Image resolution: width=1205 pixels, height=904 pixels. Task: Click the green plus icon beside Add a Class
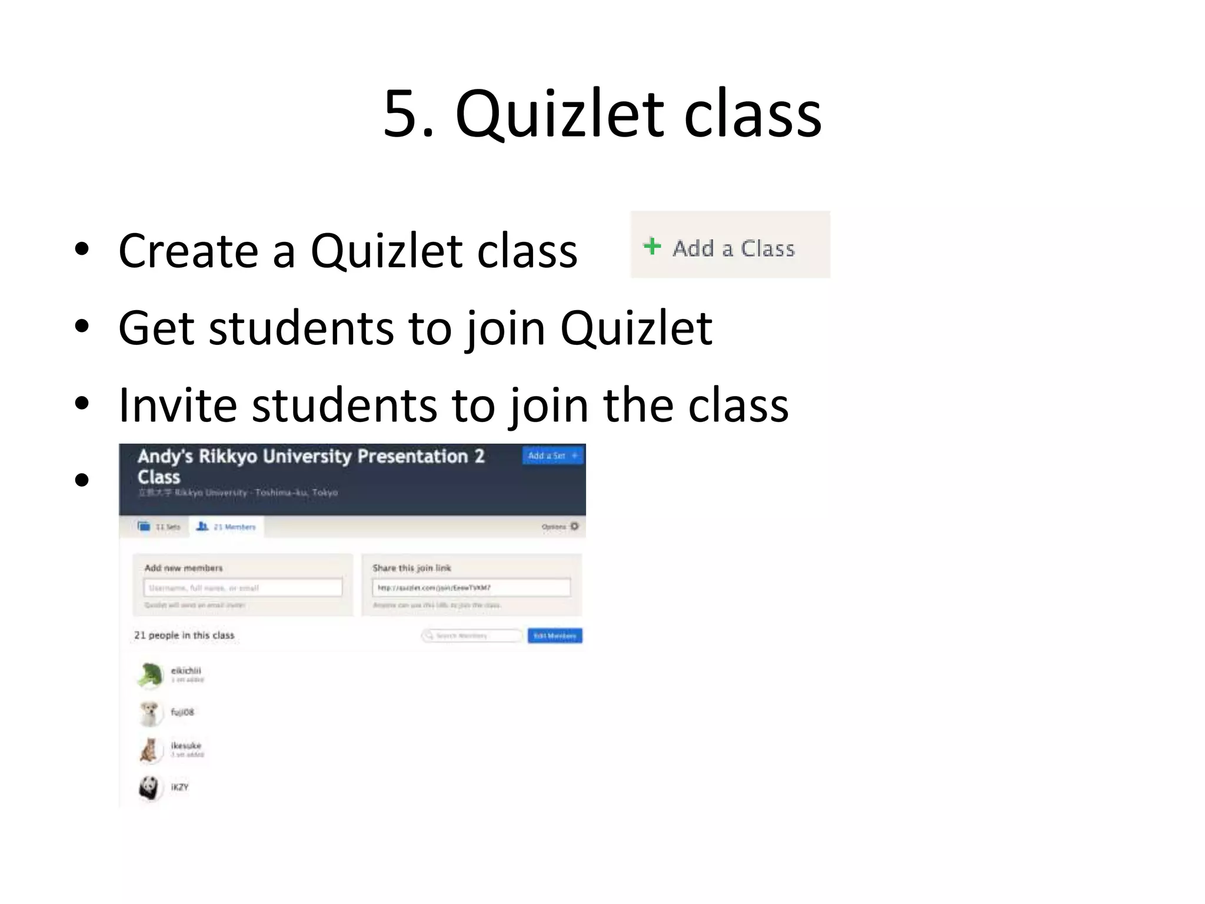click(x=652, y=246)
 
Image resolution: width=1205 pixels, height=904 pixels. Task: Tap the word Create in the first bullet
click(x=188, y=251)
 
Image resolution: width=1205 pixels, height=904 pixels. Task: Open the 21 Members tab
click(x=227, y=526)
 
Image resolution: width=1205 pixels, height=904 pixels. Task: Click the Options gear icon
click(x=574, y=526)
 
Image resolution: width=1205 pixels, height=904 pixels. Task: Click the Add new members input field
click(x=243, y=587)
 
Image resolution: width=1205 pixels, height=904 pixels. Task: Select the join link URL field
click(x=471, y=587)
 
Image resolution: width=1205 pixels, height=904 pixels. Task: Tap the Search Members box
click(x=472, y=636)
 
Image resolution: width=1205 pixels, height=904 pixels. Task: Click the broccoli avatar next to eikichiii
click(x=150, y=674)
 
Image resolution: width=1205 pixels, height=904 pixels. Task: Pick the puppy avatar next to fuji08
click(x=150, y=713)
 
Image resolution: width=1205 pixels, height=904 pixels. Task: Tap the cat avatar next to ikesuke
click(x=149, y=750)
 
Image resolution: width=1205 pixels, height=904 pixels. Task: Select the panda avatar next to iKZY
click(x=149, y=787)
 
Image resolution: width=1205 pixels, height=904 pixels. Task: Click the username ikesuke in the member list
click(x=186, y=746)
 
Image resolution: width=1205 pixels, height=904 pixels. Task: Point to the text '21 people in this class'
click(x=184, y=635)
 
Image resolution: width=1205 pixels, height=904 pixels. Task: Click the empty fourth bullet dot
click(x=82, y=480)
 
